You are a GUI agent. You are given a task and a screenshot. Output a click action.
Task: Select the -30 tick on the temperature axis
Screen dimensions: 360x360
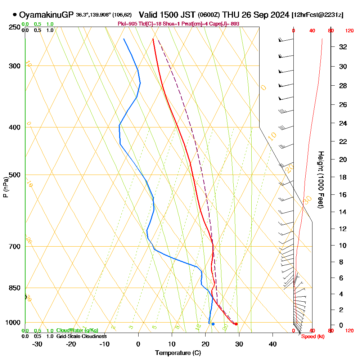(37, 343)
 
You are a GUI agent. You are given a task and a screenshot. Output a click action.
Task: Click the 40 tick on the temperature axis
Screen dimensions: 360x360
(273, 343)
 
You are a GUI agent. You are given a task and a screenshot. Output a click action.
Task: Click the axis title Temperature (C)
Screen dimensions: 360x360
(178, 353)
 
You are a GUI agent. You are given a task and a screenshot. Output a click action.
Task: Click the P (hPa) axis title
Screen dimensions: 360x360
(5, 187)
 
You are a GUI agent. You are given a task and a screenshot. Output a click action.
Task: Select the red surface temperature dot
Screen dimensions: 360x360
(236, 324)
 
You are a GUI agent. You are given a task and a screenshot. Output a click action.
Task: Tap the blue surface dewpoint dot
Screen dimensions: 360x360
(213, 324)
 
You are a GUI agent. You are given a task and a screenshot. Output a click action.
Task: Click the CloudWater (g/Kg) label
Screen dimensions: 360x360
(77, 330)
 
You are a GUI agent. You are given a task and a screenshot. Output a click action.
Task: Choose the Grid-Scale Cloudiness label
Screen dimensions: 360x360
(81, 336)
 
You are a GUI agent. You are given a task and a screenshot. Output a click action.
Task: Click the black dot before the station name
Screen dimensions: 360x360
(14, 15)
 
